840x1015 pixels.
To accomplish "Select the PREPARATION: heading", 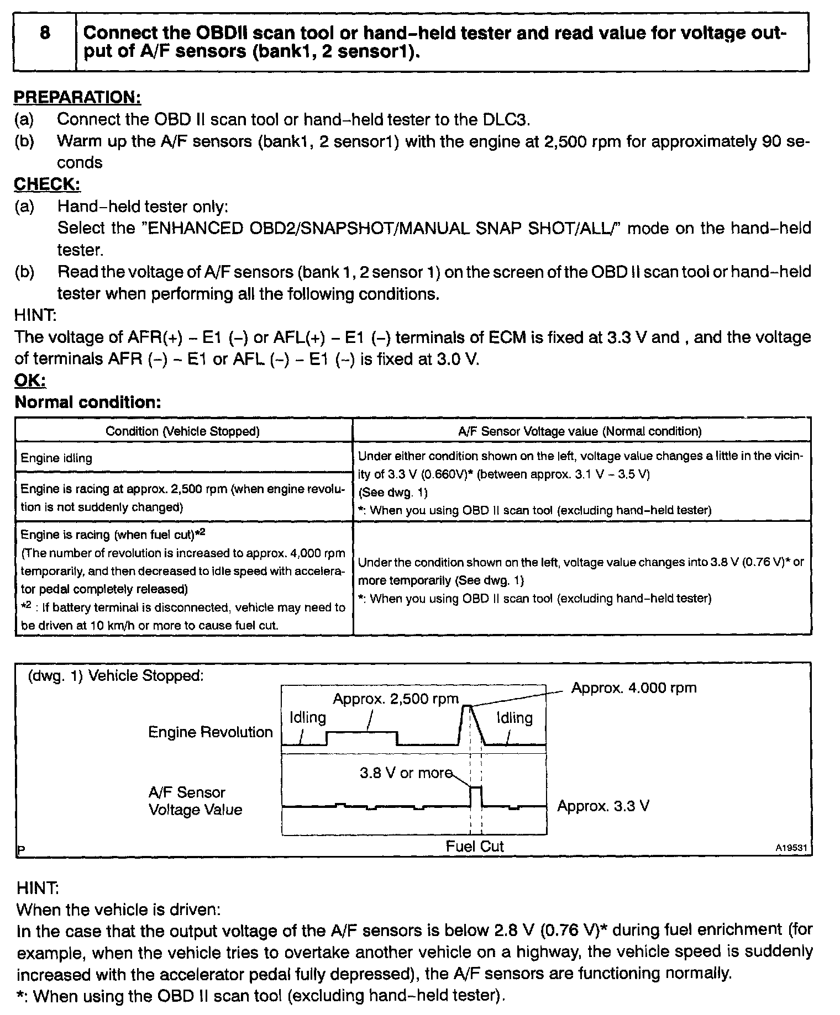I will (x=77, y=97).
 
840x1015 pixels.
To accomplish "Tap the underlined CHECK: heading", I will (x=47, y=184).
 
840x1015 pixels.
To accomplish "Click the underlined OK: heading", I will (x=30, y=380).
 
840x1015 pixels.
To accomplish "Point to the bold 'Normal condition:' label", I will (x=88, y=402).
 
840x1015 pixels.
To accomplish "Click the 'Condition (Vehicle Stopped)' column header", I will (x=183, y=431).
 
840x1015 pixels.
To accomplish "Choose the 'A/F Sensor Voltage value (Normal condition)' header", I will (x=580, y=431).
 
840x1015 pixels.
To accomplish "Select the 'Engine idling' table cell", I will (x=56, y=458).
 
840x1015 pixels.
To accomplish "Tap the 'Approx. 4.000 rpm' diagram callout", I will (x=633, y=688).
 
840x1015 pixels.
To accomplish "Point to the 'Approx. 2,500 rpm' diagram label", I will (x=396, y=699).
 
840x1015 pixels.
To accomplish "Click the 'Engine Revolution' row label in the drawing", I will (x=211, y=732).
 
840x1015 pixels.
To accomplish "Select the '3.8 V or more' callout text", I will (x=406, y=773).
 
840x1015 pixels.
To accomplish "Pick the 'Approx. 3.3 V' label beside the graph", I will (x=603, y=806).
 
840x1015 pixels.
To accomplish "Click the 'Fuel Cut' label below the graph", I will (x=475, y=847).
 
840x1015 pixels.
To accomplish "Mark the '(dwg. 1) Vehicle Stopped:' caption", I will (x=116, y=675).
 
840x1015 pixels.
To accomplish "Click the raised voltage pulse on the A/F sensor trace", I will (x=476, y=795).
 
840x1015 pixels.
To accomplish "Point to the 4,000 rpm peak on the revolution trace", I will (x=467, y=706).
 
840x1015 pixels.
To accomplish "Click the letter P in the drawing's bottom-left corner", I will (x=21, y=850).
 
